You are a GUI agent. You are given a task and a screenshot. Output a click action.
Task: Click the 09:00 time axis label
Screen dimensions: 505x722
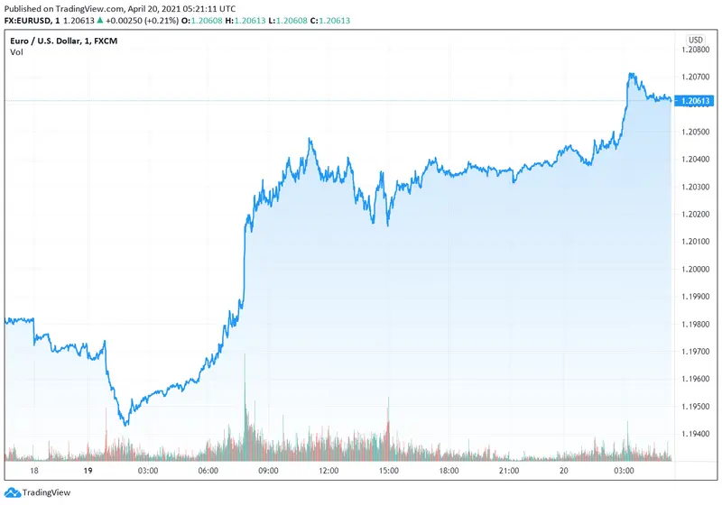tap(268, 471)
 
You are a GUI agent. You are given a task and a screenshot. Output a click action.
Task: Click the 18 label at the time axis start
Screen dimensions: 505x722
tap(34, 471)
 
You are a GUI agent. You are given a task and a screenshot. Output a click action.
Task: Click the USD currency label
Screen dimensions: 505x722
tap(696, 40)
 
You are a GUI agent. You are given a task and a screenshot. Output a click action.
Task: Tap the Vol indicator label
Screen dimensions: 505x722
tap(16, 52)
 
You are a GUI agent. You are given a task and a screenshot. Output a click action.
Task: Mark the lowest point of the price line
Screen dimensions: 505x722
tap(125, 425)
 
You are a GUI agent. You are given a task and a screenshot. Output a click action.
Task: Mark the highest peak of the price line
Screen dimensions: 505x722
tap(631, 74)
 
